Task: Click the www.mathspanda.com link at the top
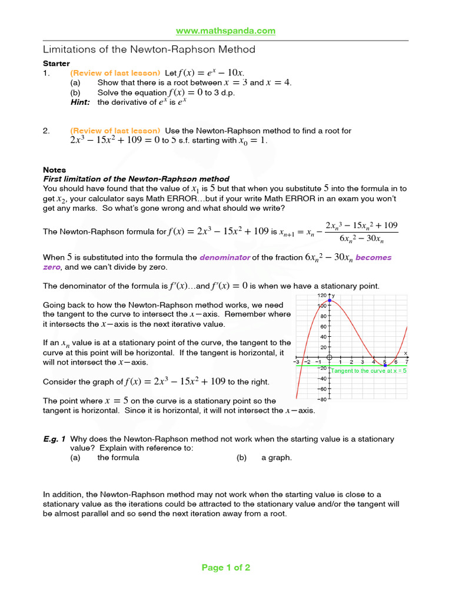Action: [x=226, y=31]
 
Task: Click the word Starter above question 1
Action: [x=56, y=63]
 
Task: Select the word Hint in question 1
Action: [x=80, y=102]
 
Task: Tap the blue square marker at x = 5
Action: [x=385, y=365]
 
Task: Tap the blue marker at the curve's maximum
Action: [x=330, y=301]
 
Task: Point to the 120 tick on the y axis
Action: [x=322, y=295]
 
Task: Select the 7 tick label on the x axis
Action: [x=406, y=362]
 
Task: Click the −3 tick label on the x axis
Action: [x=298, y=362]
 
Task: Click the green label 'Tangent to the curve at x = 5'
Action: [x=368, y=371]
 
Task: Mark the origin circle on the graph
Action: [x=330, y=357]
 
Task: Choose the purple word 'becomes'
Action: [x=373, y=257]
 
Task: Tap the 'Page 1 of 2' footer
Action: [x=226, y=568]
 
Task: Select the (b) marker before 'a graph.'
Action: [x=241, y=458]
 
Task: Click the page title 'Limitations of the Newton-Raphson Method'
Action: [x=149, y=49]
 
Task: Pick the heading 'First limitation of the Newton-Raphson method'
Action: [x=137, y=179]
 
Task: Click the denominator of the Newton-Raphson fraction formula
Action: [x=361, y=238]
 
